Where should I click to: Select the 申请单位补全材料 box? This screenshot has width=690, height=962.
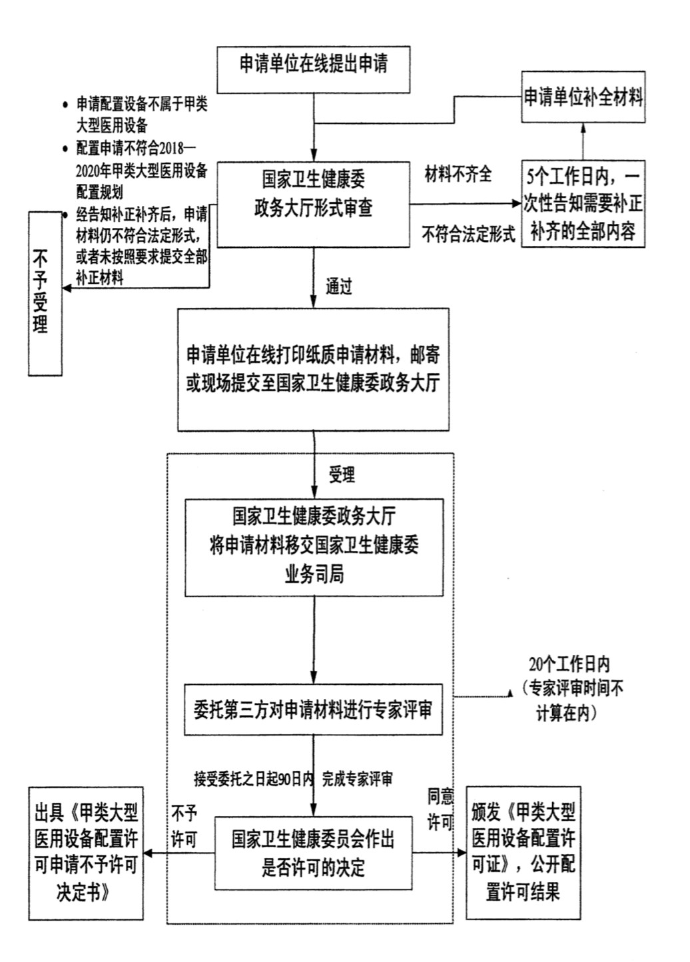point(583,97)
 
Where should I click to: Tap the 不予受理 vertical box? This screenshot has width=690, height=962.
point(45,293)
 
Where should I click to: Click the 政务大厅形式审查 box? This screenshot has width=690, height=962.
point(313,203)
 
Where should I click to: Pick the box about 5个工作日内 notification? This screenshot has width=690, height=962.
point(583,204)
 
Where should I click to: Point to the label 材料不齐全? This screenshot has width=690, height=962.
point(458,175)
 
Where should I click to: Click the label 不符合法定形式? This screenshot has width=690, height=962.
point(468,234)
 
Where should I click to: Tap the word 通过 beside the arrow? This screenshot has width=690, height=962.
point(338,286)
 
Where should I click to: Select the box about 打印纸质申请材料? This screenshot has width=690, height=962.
point(313,369)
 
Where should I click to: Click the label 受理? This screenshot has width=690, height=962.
point(342,475)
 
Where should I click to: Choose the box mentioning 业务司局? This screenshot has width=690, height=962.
point(314,548)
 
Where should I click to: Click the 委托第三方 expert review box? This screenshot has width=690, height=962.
point(313,710)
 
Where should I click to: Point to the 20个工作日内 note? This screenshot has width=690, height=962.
point(569,688)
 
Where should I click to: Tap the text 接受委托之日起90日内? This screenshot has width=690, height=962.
point(253,778)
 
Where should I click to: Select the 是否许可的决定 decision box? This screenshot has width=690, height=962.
point(313,853)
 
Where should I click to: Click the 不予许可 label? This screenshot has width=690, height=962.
point(184,826)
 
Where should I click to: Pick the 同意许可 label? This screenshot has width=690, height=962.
point(440,809)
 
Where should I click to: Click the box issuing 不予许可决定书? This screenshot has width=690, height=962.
point(86,853)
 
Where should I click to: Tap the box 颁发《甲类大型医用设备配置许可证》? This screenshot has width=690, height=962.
point(523,853)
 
